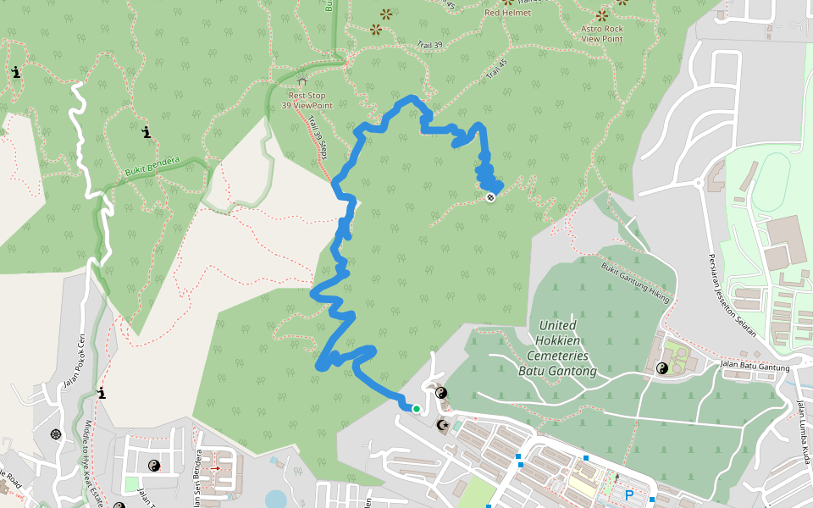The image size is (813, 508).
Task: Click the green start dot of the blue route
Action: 417,409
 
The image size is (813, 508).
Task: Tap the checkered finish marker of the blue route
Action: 489,197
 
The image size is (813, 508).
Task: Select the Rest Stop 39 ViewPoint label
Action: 307,100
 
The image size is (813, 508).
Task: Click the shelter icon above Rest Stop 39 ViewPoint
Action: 302,82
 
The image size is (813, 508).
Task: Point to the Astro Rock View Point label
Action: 602,34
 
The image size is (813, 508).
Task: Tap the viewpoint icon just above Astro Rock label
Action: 602,15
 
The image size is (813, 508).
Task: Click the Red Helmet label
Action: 507,13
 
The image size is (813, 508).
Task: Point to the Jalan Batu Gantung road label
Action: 755,367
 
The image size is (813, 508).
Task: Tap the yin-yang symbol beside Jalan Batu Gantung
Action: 662,368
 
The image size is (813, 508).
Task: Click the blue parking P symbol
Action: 629,494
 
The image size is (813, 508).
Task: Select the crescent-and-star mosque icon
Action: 442,423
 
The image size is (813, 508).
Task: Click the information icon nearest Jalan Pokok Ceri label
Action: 102,393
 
